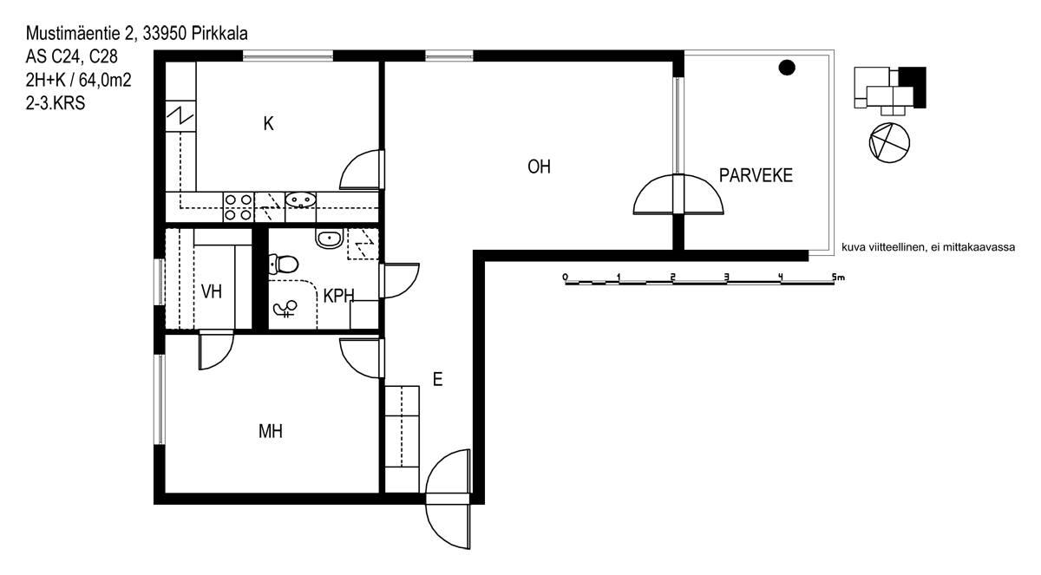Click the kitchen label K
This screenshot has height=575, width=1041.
268,124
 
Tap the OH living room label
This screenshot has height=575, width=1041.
539,167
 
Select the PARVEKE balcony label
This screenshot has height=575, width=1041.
756,175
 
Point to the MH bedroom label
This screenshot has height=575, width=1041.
271,432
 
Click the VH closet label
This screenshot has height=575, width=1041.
212,291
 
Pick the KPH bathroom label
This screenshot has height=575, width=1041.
339,296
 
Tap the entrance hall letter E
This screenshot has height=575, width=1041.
437,380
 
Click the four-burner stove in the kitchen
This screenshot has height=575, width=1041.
239,207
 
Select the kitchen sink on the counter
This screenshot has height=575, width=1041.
301,200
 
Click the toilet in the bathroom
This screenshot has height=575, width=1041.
283,265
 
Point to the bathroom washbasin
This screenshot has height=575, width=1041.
329,238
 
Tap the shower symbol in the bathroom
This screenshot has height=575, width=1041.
285,309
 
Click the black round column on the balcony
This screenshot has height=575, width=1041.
787,68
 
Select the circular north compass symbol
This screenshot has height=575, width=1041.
889,142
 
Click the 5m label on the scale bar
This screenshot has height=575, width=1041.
838,278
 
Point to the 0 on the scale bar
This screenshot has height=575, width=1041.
565,278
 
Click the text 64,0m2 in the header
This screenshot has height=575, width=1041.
105,80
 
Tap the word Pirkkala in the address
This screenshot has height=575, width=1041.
219,34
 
